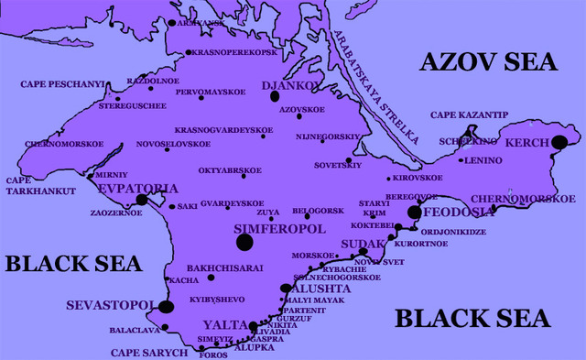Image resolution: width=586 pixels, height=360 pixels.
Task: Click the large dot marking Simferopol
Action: pos(244,242)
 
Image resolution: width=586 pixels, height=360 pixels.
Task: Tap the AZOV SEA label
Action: pos(489,62)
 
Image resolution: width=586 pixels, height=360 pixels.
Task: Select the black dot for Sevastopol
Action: pos(166,307)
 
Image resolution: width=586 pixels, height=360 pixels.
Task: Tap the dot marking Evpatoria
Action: pos(141,199)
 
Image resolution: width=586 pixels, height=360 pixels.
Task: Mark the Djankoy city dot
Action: pos(275,95)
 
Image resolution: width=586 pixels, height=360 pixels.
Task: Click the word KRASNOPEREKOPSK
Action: pos(234,52)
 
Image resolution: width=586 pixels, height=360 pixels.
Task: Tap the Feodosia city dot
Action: pos(414,212)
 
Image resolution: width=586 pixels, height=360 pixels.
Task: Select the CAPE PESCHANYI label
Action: pos(60,84)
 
